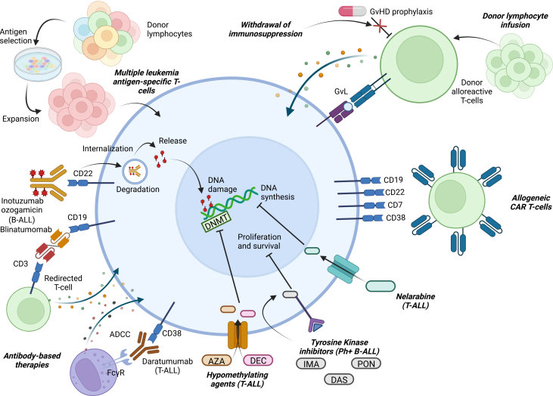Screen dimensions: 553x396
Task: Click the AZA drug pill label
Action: pos(216,360)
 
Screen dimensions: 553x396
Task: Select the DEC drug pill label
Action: pos(258,360)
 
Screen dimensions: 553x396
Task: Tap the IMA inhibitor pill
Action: pos(311,364)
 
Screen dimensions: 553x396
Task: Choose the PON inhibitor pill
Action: pos(366,364)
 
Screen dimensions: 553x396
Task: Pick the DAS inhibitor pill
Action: pos(339,379)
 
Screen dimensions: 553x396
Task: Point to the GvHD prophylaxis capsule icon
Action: pos(353,11)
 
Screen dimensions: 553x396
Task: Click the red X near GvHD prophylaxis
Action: pos(380,26)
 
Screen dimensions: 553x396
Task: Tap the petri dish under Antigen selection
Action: pos(37,63)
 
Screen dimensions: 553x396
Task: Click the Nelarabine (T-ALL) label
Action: pos(415,301)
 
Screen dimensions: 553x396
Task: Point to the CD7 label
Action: pos(395,205)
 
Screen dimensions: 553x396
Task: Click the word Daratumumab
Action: pos(167,361)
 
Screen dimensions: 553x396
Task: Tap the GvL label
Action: pos(340,91)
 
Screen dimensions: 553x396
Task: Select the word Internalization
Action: pos(107,149)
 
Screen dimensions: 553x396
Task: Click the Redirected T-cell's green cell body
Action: pos(29,309)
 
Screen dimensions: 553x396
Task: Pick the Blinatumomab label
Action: pos(26,229)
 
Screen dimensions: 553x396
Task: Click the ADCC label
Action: pos(120,334)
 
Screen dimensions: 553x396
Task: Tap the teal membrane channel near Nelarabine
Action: pos(343,269)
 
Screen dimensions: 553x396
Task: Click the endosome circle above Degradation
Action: pos(135,172)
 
